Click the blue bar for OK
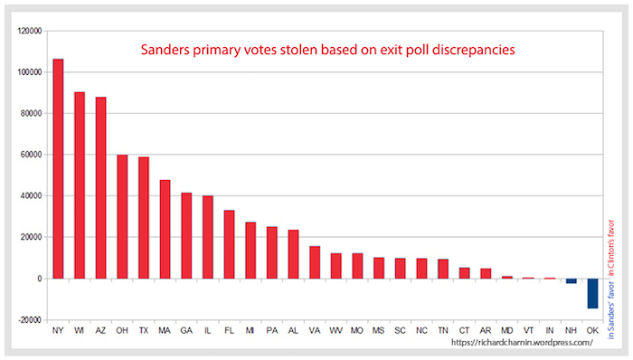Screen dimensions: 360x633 [592, 293]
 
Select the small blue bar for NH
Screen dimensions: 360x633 [572, 281]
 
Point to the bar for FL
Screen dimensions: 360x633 [229, 244]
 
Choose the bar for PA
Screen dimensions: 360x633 [271, 252]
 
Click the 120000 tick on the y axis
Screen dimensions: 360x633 [30, 31]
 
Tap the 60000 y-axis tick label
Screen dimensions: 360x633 [32, 155]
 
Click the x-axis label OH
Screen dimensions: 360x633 [122, 332]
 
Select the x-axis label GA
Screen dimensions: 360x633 [186, 332]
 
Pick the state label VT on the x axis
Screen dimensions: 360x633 [528, 332]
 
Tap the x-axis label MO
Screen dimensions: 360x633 [357, 332]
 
